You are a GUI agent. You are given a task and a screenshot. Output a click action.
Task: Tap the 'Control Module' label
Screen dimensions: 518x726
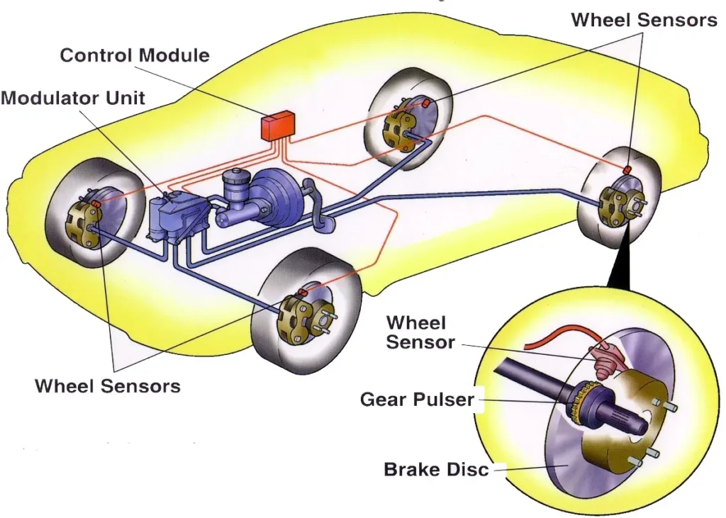[135, 55]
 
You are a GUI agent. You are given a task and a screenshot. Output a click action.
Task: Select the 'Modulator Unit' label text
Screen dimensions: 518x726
[72, 98]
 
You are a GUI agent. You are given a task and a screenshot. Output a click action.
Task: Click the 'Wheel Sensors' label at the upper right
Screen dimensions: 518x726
[644, 20]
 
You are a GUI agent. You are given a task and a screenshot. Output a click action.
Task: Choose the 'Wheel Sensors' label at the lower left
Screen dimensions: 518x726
[108, 386]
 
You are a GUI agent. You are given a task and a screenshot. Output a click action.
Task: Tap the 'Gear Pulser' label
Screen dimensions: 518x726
[417, 399]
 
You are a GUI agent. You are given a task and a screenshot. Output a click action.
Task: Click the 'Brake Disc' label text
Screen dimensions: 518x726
[436, 469]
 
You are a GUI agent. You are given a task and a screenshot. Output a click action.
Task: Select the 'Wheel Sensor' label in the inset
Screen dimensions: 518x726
[420, 333]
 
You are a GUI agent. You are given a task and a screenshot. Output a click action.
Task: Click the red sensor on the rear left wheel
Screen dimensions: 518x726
[427, 103]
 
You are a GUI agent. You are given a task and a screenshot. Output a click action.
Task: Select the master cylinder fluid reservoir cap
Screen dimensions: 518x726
[233, 176]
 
